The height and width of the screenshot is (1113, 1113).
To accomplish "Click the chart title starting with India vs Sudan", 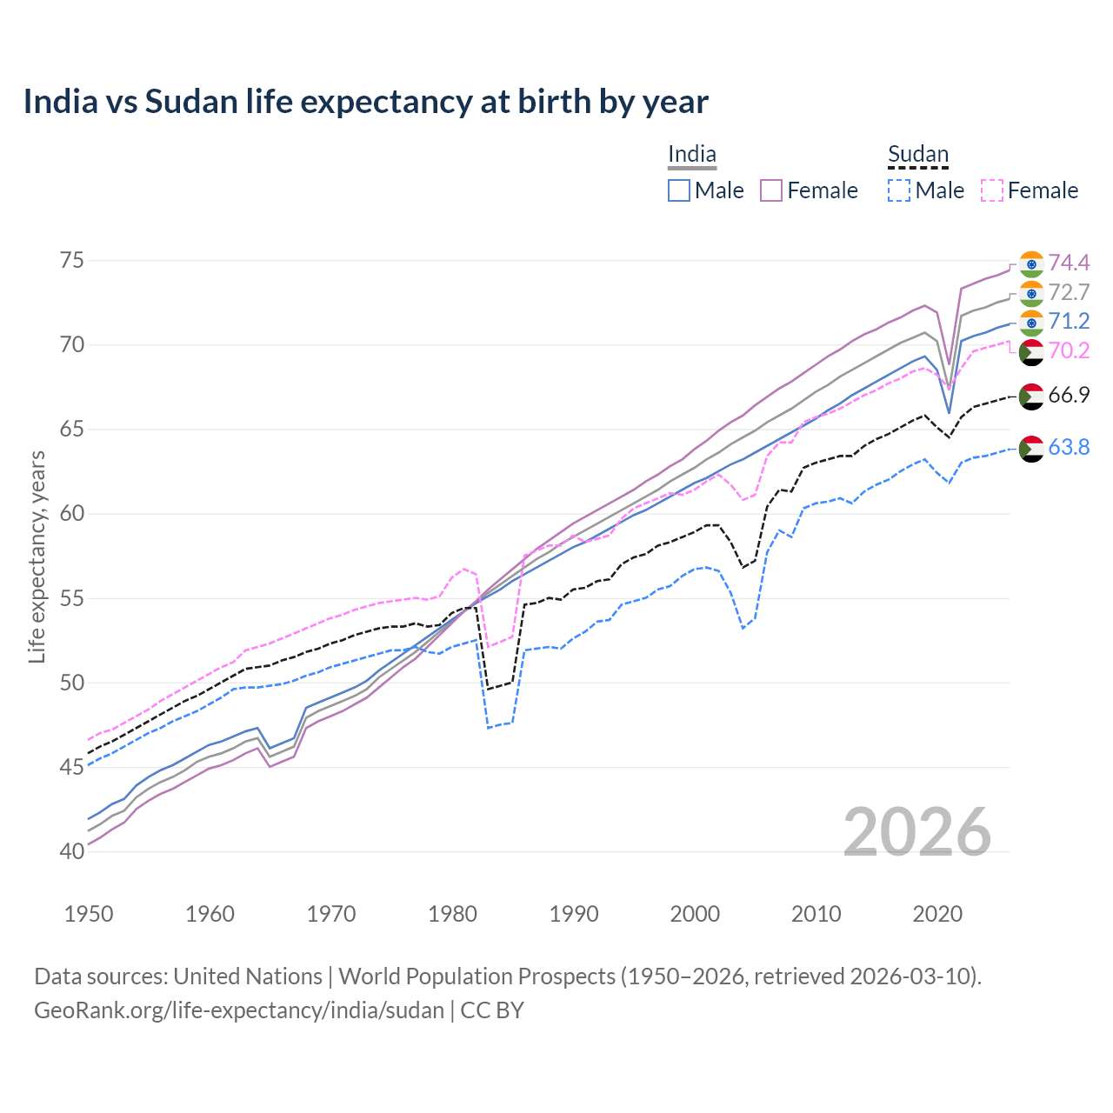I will [365, 102].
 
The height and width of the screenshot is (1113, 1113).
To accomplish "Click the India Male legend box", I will [679, 190].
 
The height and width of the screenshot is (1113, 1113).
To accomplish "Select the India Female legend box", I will [771, 190].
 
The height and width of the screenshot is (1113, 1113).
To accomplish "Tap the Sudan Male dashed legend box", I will [899, 190].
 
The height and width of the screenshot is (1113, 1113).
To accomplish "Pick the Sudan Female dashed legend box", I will [992, 190].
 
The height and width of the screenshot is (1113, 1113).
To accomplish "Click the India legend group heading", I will [692, 155].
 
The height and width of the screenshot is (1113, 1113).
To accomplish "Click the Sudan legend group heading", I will [917, 155].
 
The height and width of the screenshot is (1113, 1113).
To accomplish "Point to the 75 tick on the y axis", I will [72, 261].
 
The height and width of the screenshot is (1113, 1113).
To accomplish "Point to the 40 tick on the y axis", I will [72, 851].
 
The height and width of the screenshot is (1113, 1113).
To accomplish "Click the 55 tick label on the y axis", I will [72, 598].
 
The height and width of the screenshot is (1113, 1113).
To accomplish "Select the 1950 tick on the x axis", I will [89, 914].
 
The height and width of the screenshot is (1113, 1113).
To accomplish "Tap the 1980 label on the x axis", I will [452, 914].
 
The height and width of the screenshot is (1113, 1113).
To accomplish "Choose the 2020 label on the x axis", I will [937, 914].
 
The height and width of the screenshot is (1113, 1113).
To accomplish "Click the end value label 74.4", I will [1069, 263].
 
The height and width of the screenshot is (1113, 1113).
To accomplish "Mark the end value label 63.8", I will [1069, 447].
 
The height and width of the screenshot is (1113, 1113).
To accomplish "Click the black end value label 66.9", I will [1069, 395].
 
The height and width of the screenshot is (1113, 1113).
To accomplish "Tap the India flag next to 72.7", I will [1031, 293].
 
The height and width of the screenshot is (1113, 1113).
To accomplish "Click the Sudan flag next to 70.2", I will [1031, 351].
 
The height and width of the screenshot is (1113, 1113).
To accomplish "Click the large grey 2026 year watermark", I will [917, 832].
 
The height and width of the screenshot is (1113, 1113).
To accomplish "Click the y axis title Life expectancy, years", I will [37, 556].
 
